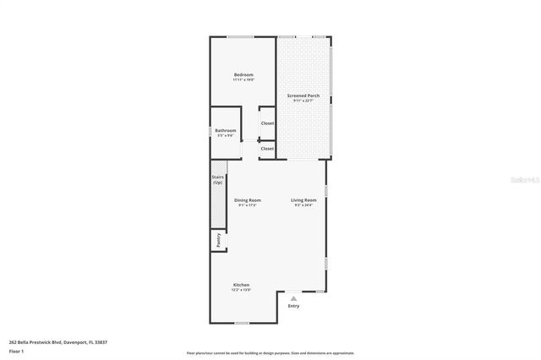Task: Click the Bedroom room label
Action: coord(243,74)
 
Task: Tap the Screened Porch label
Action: coord(302,95)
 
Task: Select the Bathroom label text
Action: coord(225,130)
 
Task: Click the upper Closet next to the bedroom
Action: coord(267,123)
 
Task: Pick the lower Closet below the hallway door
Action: coord(267,149)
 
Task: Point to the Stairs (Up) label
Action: coord(217,180)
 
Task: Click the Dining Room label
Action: coord(248,200)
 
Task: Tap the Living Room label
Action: coord(304,200)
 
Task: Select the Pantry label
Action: coord(217,240)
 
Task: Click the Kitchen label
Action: coord(241,285)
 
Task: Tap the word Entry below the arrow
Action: coord(293,306)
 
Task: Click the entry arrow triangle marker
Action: coord(293,297)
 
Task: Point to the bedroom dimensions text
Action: coord(243,79)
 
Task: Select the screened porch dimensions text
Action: coord(302,101)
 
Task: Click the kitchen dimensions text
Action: coord(241,290)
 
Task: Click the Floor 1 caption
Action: coord(15,350)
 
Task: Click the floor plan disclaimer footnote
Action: coord(270,353)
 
